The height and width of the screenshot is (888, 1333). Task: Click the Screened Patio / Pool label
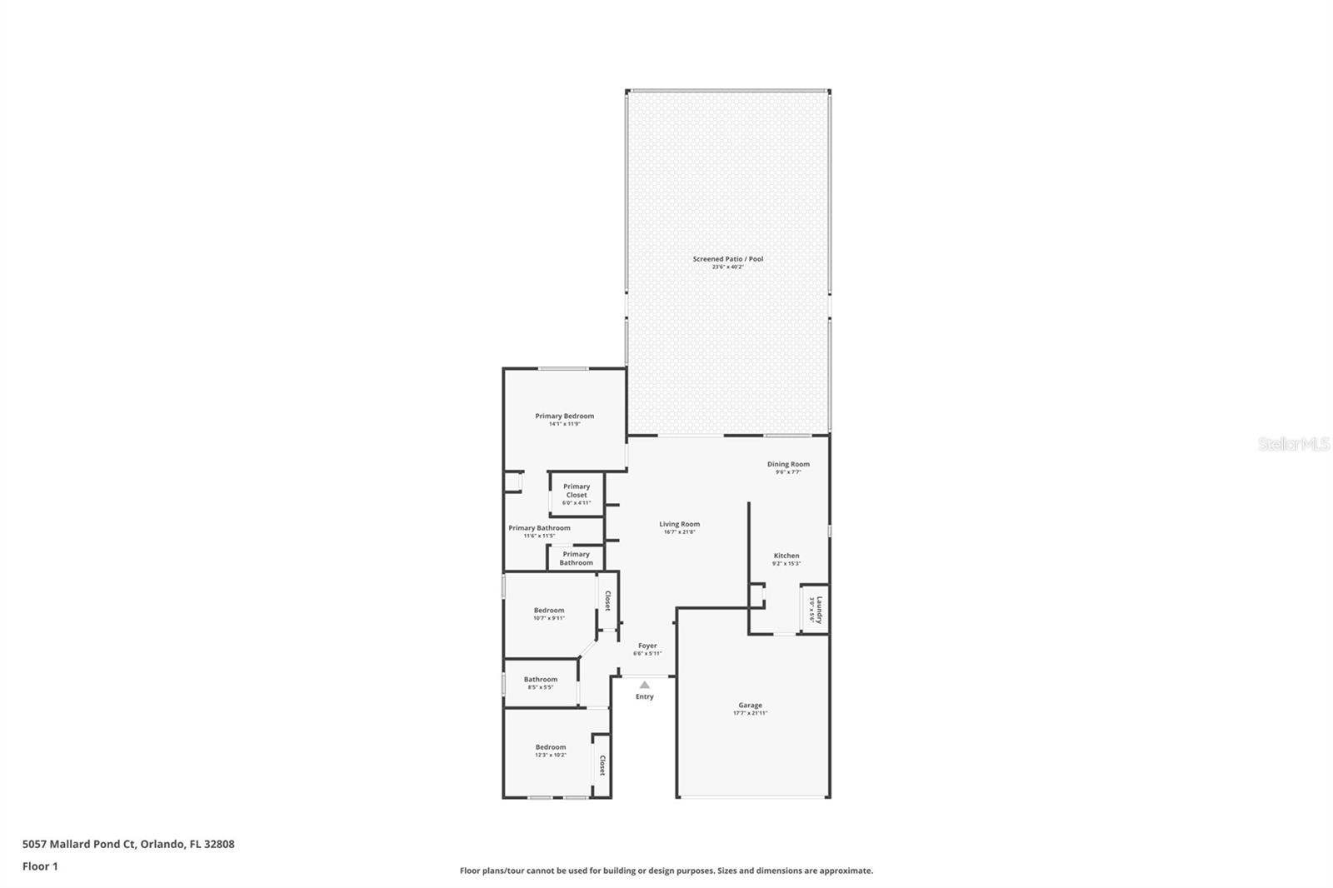pos(727,259)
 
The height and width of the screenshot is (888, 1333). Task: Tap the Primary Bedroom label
pos(564,417)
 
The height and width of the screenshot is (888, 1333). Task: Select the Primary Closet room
pos(577,494)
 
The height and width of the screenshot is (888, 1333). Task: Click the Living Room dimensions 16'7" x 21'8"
pos(679,532)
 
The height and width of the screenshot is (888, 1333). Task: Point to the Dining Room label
pos(788,464)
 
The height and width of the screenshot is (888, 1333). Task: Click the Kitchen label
pos(786,556)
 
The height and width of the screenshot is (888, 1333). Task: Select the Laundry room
pos(815,610)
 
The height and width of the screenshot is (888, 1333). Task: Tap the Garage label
pos(750,706)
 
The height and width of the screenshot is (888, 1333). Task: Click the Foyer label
pos(647,646)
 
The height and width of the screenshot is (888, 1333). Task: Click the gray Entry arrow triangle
pos(644,685)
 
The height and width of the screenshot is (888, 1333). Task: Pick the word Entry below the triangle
pos(645,697)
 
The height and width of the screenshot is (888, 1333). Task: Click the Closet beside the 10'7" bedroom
pos(608,601)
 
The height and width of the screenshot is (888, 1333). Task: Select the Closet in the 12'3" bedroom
pos(602,766)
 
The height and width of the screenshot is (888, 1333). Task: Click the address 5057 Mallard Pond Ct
pos(128,844)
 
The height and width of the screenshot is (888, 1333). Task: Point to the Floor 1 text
pos(40,866)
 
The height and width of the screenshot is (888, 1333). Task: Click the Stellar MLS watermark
pos(1293,445)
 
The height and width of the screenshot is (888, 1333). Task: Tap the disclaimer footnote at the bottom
pos(666,871)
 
